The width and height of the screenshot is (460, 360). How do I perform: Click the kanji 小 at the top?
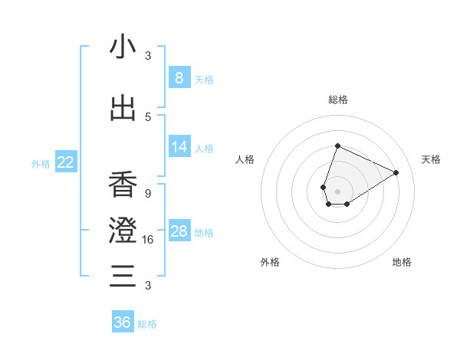tap(123, 47)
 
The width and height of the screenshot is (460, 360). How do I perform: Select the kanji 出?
tap(123, 109)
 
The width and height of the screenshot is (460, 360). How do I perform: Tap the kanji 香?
tap(123, 185)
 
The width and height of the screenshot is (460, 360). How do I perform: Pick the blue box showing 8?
tap(179, 77)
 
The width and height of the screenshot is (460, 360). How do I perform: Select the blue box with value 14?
tap(179, 147)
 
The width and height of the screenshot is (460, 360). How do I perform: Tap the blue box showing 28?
tap(179, 231)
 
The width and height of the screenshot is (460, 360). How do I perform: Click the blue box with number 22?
tap(66, 162)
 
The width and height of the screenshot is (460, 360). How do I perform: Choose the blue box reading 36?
tap(123, 322)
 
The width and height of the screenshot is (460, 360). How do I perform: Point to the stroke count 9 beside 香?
tap(147, 193)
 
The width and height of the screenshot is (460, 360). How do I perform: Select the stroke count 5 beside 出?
tap(148, 117)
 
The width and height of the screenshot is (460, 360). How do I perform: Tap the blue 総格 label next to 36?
tap(147, 324)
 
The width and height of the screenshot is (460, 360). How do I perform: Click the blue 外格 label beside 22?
tap(41, 163)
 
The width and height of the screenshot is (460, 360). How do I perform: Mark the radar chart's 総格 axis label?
tap(337, 100)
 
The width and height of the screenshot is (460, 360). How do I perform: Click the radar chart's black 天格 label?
tap(431, 159)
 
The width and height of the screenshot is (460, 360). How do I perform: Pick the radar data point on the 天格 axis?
tap(396, 172)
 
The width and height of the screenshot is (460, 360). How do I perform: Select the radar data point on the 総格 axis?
tap(337, 146)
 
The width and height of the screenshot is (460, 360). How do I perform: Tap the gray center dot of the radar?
tap(337, 190)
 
